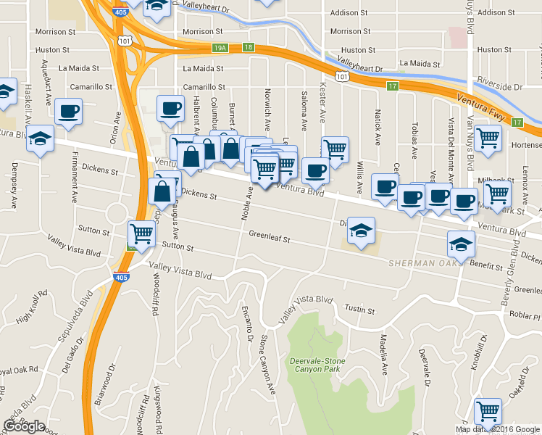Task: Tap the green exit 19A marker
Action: tap(220, 48)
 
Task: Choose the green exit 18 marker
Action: tap(249, 47)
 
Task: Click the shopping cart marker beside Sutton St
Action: tap(141, 233)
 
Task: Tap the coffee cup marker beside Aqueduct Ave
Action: tap(68, 112)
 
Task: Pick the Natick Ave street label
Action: tap(378, 121)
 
